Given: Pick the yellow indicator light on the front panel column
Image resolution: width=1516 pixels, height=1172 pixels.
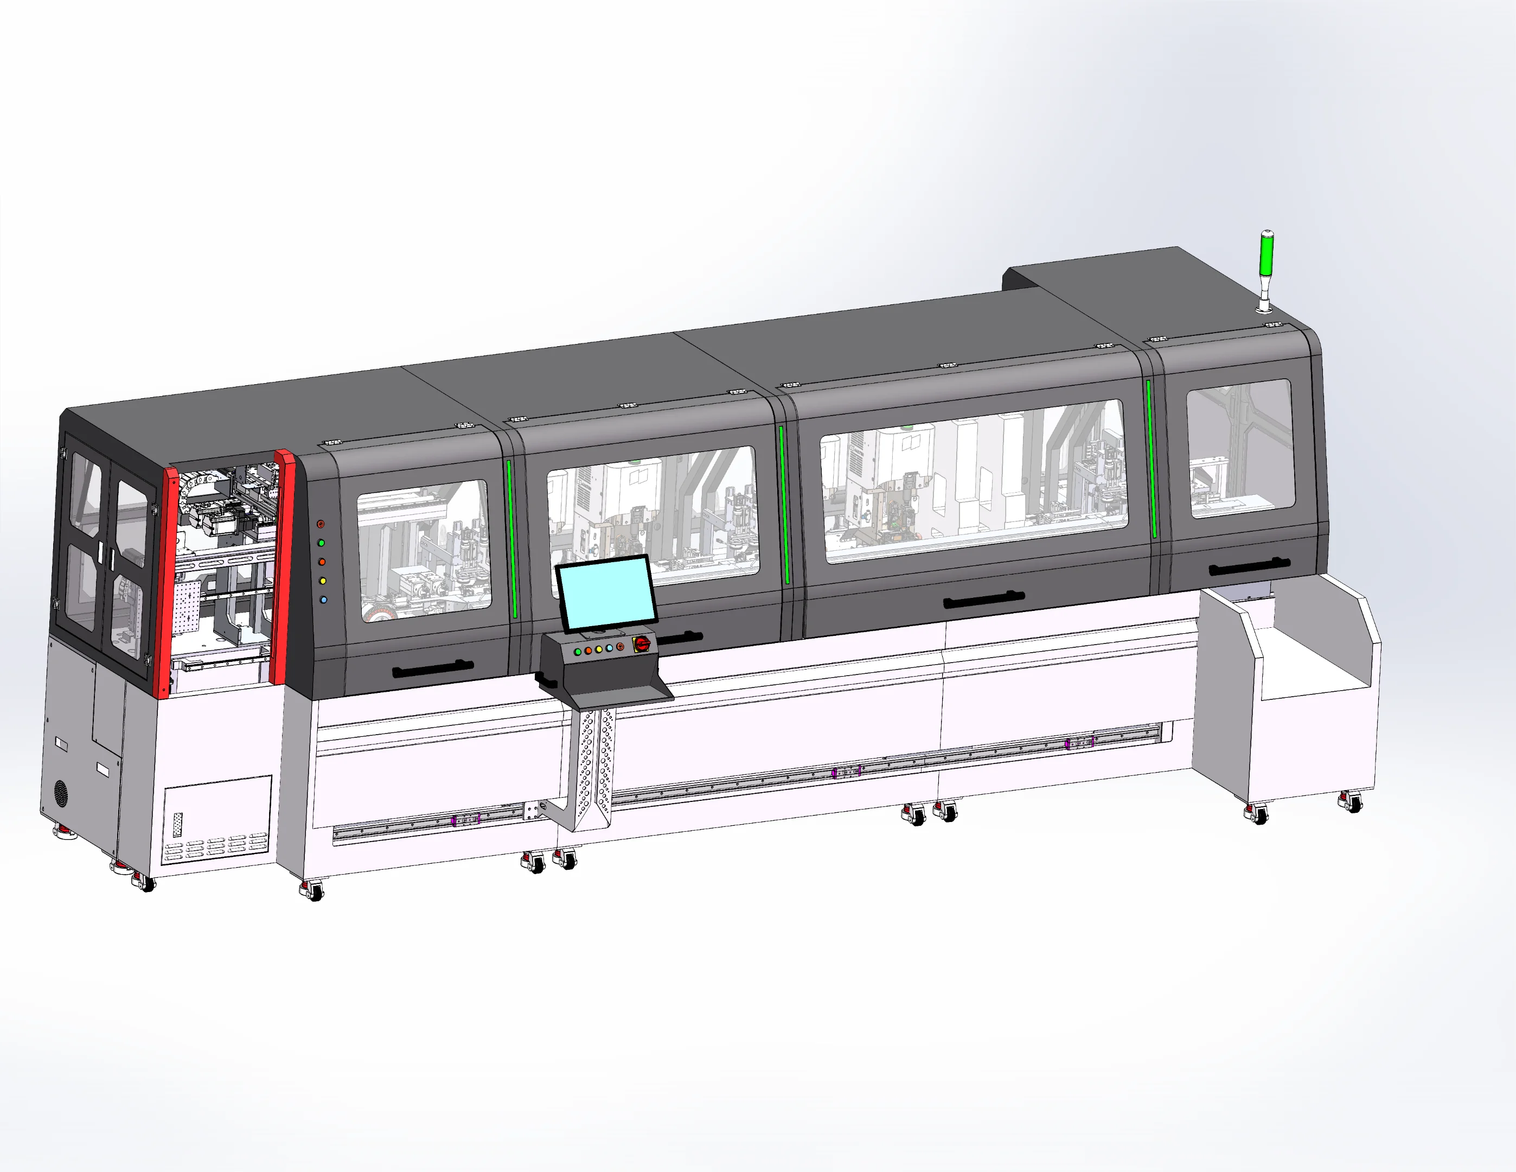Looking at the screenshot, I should [322, 581].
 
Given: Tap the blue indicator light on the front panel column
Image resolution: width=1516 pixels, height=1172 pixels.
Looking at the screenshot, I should [323, 599].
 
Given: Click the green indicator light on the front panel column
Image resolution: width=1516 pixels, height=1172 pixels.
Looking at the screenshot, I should [321, 543].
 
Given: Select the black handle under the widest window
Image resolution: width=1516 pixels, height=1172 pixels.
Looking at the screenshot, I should [983, 598].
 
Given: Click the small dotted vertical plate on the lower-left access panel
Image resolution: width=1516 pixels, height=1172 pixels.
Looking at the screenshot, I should [178, 824].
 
